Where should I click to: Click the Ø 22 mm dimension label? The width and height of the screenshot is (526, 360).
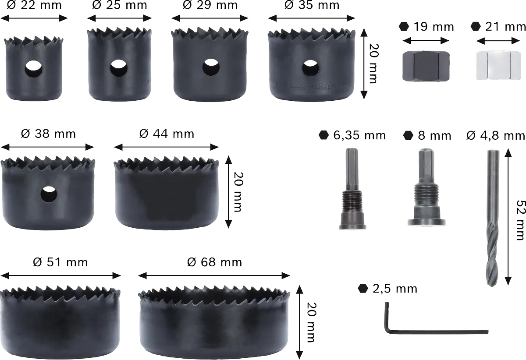(x=34, y=5)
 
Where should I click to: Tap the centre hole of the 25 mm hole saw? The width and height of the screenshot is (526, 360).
(x=119, y=68)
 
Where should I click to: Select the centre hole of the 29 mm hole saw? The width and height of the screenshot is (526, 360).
(x=211, y=67)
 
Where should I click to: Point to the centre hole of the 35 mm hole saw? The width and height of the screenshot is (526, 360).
(x=310, y=68)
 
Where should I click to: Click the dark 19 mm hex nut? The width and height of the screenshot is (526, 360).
(x=426, y=66)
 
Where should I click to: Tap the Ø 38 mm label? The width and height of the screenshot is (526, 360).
(x=48, y=134)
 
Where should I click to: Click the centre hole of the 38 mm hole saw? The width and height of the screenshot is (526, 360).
(x=49, y=194)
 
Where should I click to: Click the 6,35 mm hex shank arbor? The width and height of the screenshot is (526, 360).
(x=352, y=189)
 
